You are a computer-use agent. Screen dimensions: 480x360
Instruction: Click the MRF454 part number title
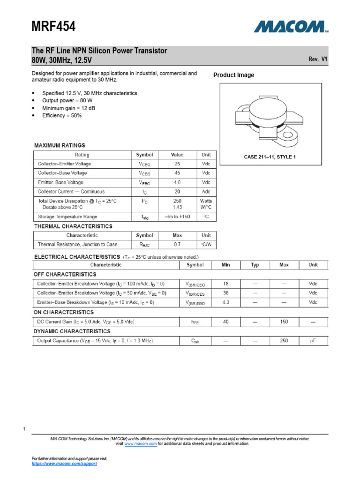(53, 27)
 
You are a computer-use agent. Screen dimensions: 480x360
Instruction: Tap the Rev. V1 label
(318, 60)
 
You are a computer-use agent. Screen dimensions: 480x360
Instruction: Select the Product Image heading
(233, 75)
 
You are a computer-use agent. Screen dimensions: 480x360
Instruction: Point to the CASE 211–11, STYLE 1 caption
(270, 157)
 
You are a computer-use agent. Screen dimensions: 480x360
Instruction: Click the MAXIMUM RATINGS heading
(60, 145)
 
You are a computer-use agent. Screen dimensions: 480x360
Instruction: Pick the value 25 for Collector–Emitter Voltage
(177, 164)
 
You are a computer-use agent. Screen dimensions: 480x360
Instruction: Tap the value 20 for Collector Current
(177, 192)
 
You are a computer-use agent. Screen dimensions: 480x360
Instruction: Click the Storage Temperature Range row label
(67, 217)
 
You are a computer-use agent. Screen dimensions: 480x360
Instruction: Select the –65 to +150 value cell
(177, 217)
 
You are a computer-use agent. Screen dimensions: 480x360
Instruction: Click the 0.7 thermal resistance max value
(177, 244)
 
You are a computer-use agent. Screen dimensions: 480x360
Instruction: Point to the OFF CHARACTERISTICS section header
(64, 274)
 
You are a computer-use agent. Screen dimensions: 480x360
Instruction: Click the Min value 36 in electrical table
(226, 293)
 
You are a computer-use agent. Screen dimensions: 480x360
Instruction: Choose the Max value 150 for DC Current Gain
(284, 322)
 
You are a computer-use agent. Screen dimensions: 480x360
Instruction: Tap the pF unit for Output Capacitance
(313, 341)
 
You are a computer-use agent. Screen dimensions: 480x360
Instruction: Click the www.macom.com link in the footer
(140, 443)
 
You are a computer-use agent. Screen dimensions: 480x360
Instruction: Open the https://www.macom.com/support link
(64, 463)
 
